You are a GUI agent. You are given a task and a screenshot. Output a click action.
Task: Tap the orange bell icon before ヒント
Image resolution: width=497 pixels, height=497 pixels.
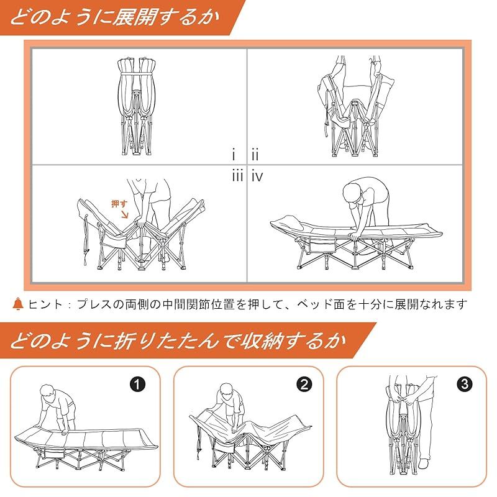pyautogui.click(x=17, y=304)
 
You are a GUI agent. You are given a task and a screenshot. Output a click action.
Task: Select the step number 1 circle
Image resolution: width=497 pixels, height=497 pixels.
pyautogui.click(x=139, y=384)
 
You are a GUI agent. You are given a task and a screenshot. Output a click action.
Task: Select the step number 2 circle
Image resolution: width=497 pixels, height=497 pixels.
pyautogui.click(x=303, y=384)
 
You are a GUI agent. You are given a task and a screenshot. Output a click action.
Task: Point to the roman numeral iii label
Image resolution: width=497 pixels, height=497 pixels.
pyautogui.click(x=237, y=176)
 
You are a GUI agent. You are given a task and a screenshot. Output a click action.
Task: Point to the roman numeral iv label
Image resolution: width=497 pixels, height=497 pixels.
pyautogui.click(x=257, y=176)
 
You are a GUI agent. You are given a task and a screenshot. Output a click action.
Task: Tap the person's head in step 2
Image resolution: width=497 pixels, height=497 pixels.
pyautogui.click(x=226, y=394)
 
